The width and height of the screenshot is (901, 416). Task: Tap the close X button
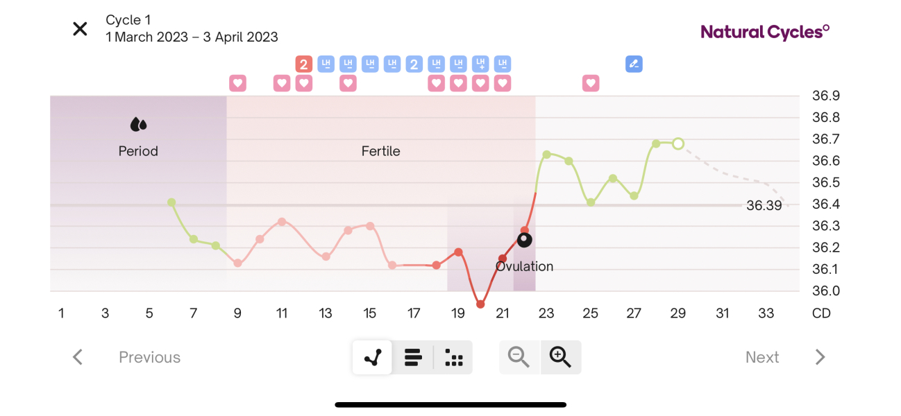point(81,29)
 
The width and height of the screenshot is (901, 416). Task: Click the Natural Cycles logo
point(765,31)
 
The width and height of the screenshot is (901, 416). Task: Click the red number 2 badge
point(303,64)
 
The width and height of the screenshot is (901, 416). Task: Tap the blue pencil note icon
point(633,64)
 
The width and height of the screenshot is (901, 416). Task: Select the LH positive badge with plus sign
point(480,64)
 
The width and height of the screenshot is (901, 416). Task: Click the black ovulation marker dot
point(525,240)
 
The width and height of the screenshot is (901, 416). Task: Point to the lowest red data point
point(480,304)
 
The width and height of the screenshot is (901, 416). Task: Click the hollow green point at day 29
point(678,144)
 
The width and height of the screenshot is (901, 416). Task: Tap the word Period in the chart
point(138,151)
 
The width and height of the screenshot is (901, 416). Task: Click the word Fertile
point(380,151)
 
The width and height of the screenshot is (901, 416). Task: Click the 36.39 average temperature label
point(764,205)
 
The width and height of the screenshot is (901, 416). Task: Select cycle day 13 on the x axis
point(326,313)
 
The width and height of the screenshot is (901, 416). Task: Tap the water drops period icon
point(139,125)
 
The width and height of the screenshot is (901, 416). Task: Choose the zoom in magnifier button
point(560,357)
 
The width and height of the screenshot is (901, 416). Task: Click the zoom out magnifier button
point(519,357)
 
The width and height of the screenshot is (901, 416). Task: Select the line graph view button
point(373,358)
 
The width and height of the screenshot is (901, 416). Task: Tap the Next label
point(762,357)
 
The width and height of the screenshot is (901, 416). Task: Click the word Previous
point(149,357)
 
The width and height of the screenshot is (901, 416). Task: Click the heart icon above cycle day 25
point(590,84)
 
